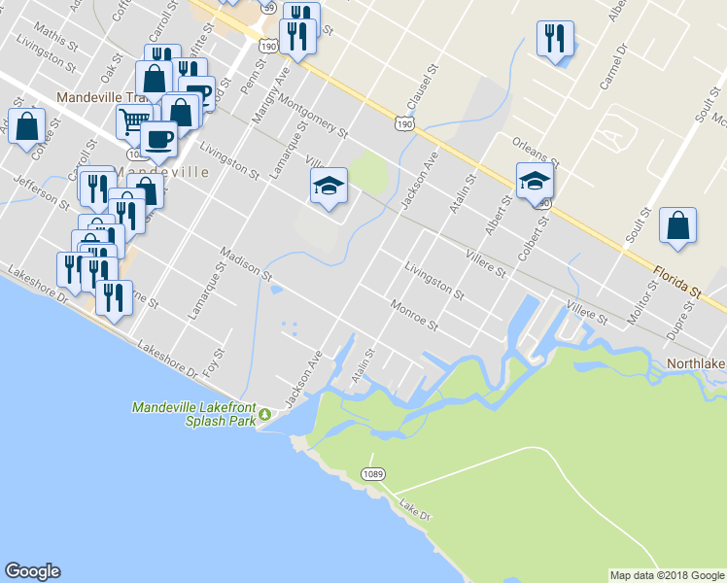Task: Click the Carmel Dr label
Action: click(x=615, y=68)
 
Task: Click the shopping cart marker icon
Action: click(x=132, y=122)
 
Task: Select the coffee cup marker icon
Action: click(x=158, y=138)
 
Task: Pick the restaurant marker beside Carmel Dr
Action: click(x=555, y=39)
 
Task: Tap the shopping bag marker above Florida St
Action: click(x=677, y=225)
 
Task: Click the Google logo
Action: click(x=32, y=571)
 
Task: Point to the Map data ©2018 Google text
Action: click(x=667, y=575)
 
